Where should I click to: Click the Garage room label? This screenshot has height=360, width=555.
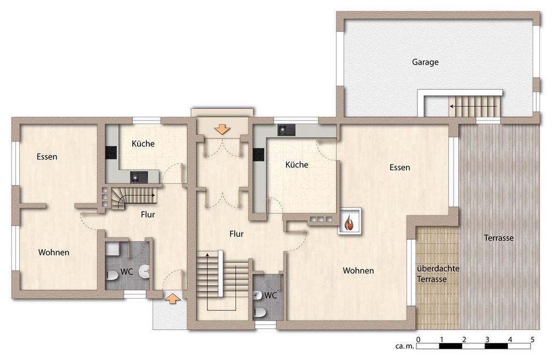click(425, 62)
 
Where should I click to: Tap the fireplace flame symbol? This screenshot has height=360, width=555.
click(350, 222)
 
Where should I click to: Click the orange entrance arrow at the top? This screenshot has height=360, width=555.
click(223, 129)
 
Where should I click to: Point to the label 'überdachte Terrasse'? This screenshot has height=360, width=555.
click(438, 274)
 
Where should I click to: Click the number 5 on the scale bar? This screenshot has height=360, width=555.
click(533, 340)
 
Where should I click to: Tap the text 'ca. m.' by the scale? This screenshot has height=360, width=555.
click(404, 346)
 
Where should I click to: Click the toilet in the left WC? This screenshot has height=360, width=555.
click(112, 275)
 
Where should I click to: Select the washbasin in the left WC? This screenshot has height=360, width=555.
click(145, 271)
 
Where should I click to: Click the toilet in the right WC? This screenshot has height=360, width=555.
click(260, 313)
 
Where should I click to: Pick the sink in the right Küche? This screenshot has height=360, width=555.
click(286, 130)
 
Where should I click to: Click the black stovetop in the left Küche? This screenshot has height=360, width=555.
click(111, 153)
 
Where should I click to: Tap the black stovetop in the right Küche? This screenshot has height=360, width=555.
click(258, 155)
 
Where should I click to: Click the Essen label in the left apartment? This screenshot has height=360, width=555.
click(47, 157)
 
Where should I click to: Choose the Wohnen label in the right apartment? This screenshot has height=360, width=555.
click(358, 271)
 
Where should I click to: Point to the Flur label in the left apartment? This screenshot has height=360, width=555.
click(148, 214)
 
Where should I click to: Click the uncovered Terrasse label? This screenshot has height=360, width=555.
click(499, 238)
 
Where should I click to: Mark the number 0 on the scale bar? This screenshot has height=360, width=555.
click(418, 340)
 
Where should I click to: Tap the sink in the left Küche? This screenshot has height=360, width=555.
click(139, 177)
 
